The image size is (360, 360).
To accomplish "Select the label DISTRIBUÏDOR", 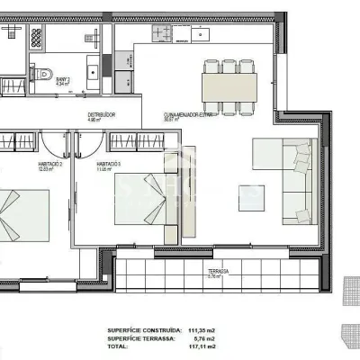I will pos(102,114).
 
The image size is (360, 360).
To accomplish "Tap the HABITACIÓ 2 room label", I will pos(49,164).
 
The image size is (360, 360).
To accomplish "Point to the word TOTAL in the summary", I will pos(118,346).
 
